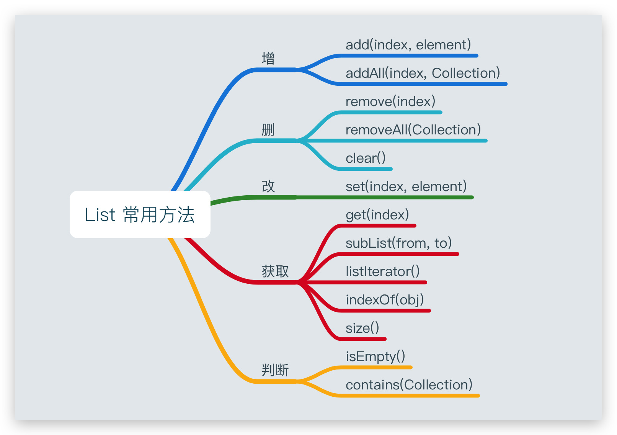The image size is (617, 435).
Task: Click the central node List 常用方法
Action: click(x=140, y=214)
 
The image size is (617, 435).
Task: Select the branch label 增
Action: click(x=268, y=58)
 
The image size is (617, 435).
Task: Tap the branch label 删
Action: click(x=268, y=129)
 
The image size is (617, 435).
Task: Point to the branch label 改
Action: click(x=268, y=186)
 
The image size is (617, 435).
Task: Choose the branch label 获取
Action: click(x=275, y=271)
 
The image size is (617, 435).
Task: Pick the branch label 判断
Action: click(x=275, y=370)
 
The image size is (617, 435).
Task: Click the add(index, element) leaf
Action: click(x=408, y=45)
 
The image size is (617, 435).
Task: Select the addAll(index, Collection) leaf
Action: click(x=423, y=73)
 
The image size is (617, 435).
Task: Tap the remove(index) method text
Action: click(x=390, y=101)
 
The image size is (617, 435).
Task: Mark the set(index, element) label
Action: click(x=406, y=186)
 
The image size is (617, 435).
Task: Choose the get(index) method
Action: click(x=377, y=215)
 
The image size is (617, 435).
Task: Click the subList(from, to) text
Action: click(x=399, y=243)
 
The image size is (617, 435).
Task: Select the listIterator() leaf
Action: click(x=383, y=271)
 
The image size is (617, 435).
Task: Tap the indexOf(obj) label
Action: click(x=385, y=300)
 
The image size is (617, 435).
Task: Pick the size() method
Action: click(x=362, y=329)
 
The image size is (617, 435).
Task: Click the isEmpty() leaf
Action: click(x=375, y=357)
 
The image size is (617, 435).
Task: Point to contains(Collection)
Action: click(x=409, y=385)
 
